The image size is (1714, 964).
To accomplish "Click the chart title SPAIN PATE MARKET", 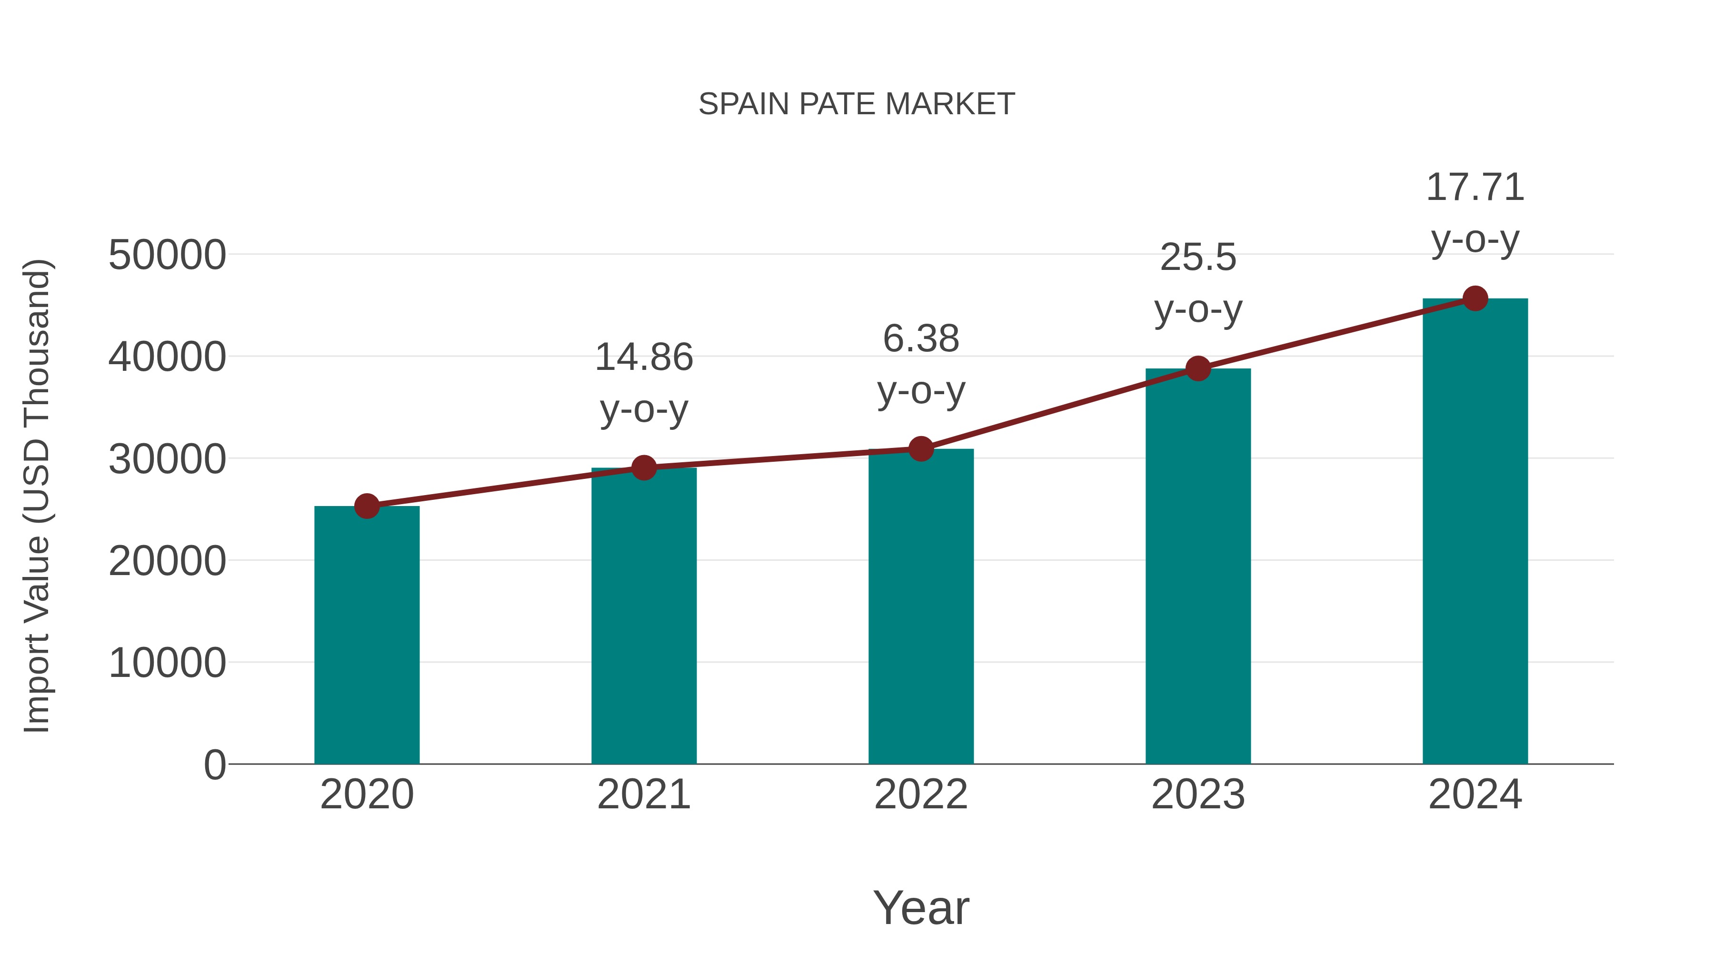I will click(857, 104).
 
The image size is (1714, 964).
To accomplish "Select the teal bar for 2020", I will click(367, 636).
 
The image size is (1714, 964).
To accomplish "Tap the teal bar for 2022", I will click(921, 607).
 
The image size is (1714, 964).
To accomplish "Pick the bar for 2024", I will click(1475, 532).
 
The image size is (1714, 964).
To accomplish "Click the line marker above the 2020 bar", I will click(367, 507).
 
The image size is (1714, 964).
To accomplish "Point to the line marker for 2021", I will click(643, 467).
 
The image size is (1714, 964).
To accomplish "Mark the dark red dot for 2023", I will click(1198, 368).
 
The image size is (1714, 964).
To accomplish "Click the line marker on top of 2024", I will click(1475, 298).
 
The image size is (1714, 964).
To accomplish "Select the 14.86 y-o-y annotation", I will click(643, 383).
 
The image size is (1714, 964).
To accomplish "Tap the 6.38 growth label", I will click(921, 365).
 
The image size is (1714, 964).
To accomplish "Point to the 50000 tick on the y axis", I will click(167, 255).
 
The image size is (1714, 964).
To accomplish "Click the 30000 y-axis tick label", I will click(167, 459).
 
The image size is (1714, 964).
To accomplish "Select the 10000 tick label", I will click(167, 663).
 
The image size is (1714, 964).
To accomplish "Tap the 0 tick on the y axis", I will click(214, 765).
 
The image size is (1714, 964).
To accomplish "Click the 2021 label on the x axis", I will click(643, 795).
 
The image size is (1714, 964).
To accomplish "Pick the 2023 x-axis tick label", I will click(1198, 795).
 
